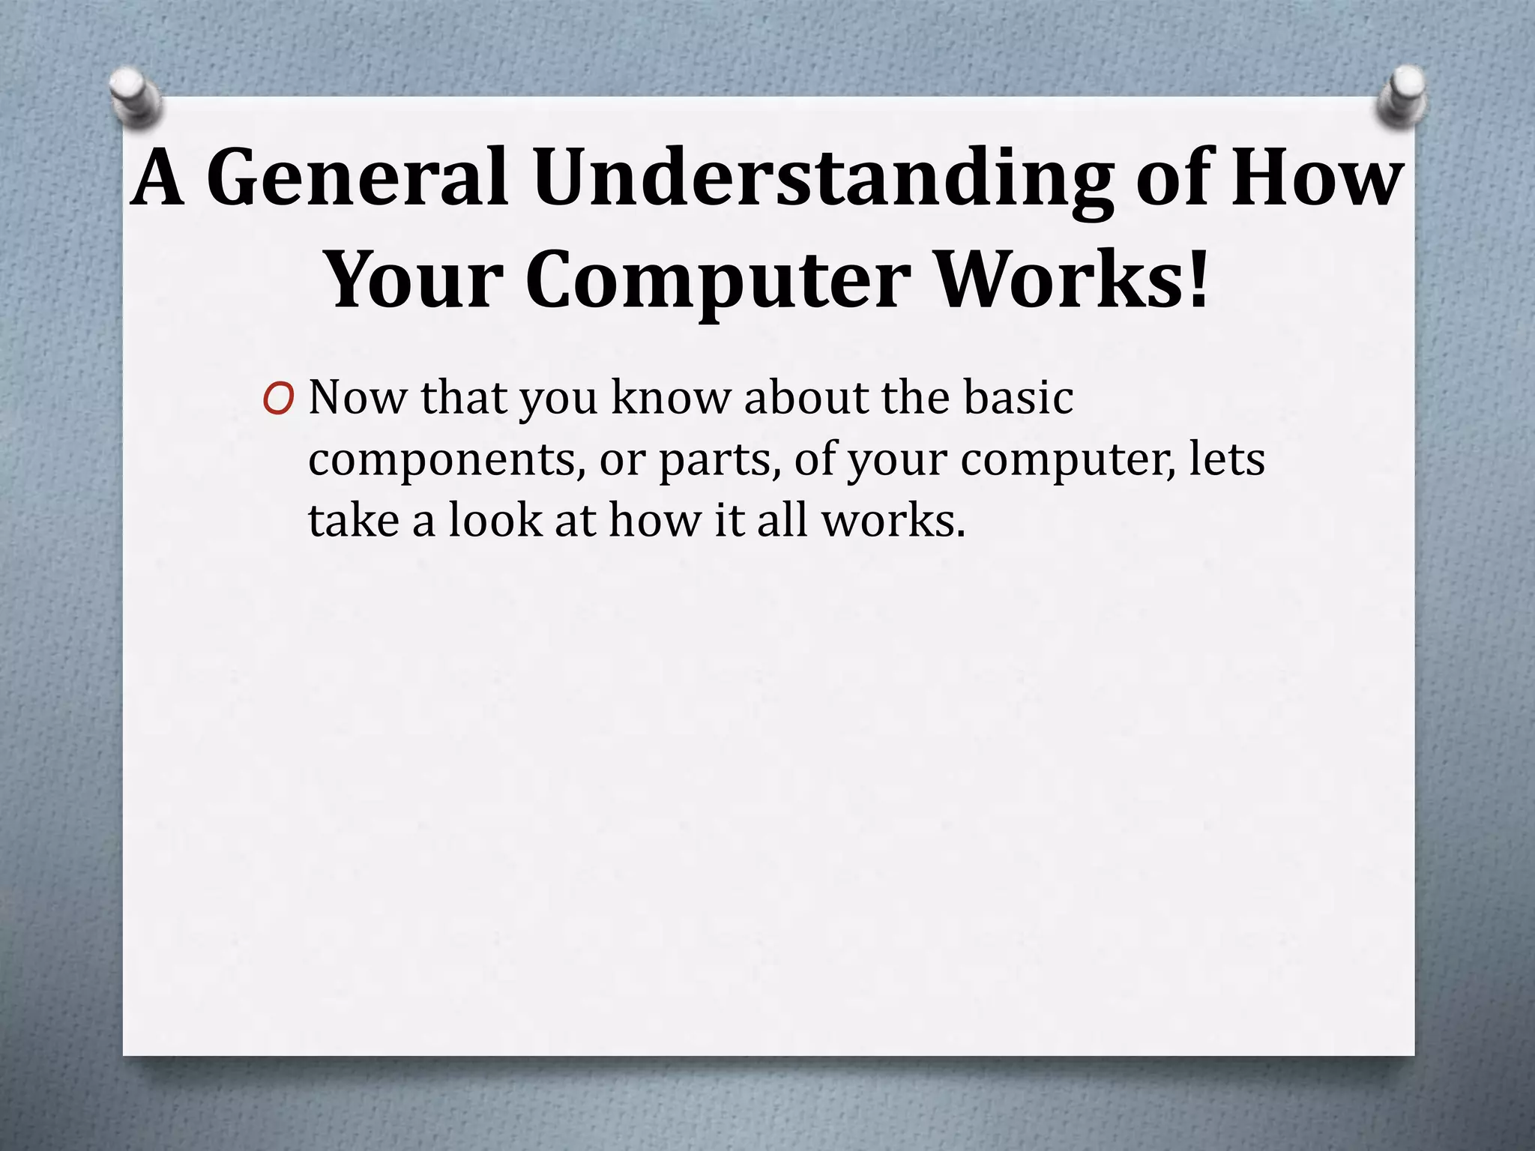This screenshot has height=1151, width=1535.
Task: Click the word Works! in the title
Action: (1073, 280)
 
